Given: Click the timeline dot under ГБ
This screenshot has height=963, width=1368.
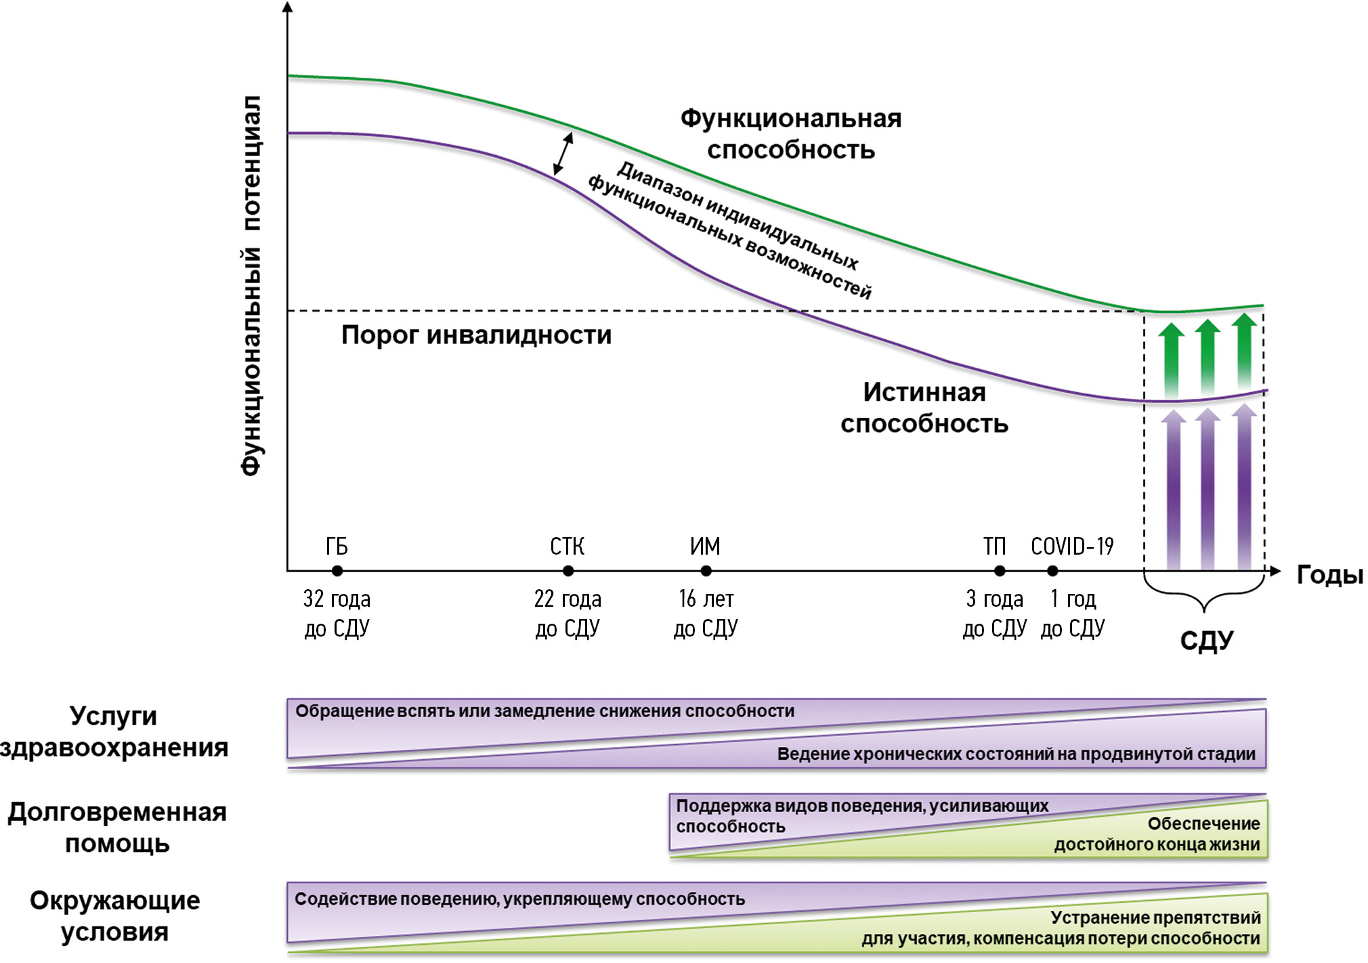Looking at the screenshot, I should point(337,571).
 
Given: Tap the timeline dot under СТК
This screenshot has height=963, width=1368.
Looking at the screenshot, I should point(568,571).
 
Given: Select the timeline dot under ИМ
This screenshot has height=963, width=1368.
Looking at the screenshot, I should point(706,571).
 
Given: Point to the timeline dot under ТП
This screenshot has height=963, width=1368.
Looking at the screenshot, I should point(1000,571).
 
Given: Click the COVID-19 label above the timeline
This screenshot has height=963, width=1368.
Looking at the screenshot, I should point(1072,546).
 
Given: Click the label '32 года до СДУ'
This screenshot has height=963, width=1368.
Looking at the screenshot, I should point(337,614).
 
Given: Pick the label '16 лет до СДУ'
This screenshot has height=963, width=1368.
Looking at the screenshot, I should point(706,614).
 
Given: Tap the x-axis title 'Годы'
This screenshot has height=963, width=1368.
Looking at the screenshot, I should point(1329,575).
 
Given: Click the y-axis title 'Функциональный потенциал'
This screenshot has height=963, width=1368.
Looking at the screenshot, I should point(251,285).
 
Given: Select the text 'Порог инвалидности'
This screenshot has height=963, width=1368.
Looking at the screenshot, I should point(476,335).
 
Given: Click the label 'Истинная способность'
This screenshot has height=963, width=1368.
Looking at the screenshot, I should point(924,408).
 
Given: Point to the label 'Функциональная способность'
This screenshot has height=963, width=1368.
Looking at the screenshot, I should point(791,134).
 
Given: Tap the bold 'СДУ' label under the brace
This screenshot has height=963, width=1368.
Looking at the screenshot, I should point(1207,640).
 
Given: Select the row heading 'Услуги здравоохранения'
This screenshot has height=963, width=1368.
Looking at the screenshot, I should point(114,731).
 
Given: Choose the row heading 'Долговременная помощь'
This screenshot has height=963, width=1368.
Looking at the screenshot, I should point(116,827).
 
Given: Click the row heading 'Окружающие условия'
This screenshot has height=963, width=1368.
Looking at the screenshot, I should point(114,916).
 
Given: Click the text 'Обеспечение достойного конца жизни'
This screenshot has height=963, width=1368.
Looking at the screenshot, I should point(1157,834).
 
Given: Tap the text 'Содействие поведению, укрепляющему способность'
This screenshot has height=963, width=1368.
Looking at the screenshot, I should point(519,899).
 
